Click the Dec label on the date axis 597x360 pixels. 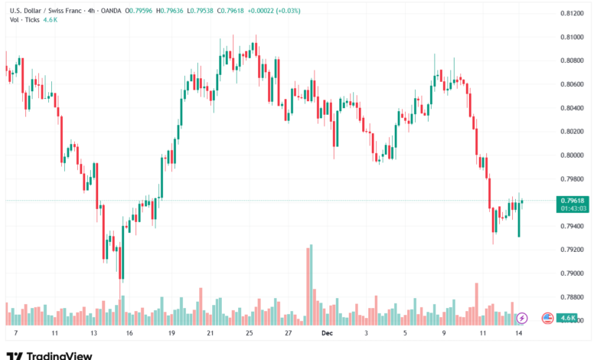tap(327, 333)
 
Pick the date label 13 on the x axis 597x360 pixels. tap(93, 333)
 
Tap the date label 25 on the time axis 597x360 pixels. tap(250, 333)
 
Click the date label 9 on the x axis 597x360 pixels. tap(444, 333)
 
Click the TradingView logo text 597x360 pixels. tap(60, 355)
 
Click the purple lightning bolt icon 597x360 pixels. tap(522, 317)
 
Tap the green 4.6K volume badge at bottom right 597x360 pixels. tap(567, 317)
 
